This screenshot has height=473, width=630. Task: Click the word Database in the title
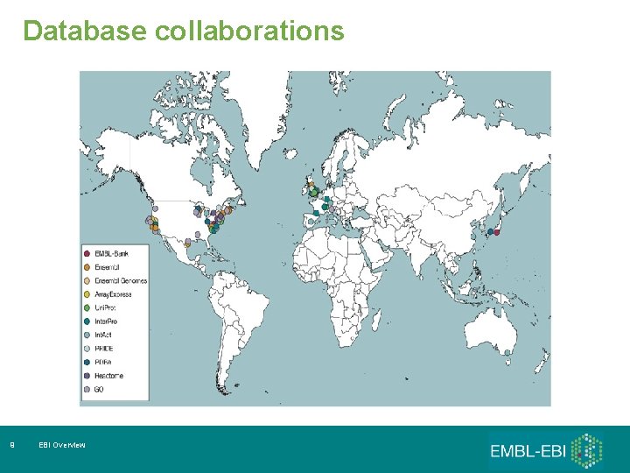(x=85, y=32)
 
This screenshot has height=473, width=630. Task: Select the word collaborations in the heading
(x=249, y=32)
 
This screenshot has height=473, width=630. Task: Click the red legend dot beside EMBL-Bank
(x=87, y=253)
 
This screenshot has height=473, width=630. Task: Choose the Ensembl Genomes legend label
(x=121, y=281)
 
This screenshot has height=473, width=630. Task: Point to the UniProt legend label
(x=108, y=308)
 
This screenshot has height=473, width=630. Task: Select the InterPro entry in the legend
(x=108, y=321)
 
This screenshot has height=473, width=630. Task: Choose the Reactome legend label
(x=109, y=376)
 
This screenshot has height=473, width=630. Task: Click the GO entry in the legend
(x=100, y=389)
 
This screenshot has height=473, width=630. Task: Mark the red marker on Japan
(x=496, y=232)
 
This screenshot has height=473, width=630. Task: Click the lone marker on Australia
(x=507, y=353)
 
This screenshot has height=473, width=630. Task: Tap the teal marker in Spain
(x=316, y=213)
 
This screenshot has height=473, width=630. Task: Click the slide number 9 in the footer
(x=10, y=446)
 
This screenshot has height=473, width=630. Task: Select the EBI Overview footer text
(x=62, y=446)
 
